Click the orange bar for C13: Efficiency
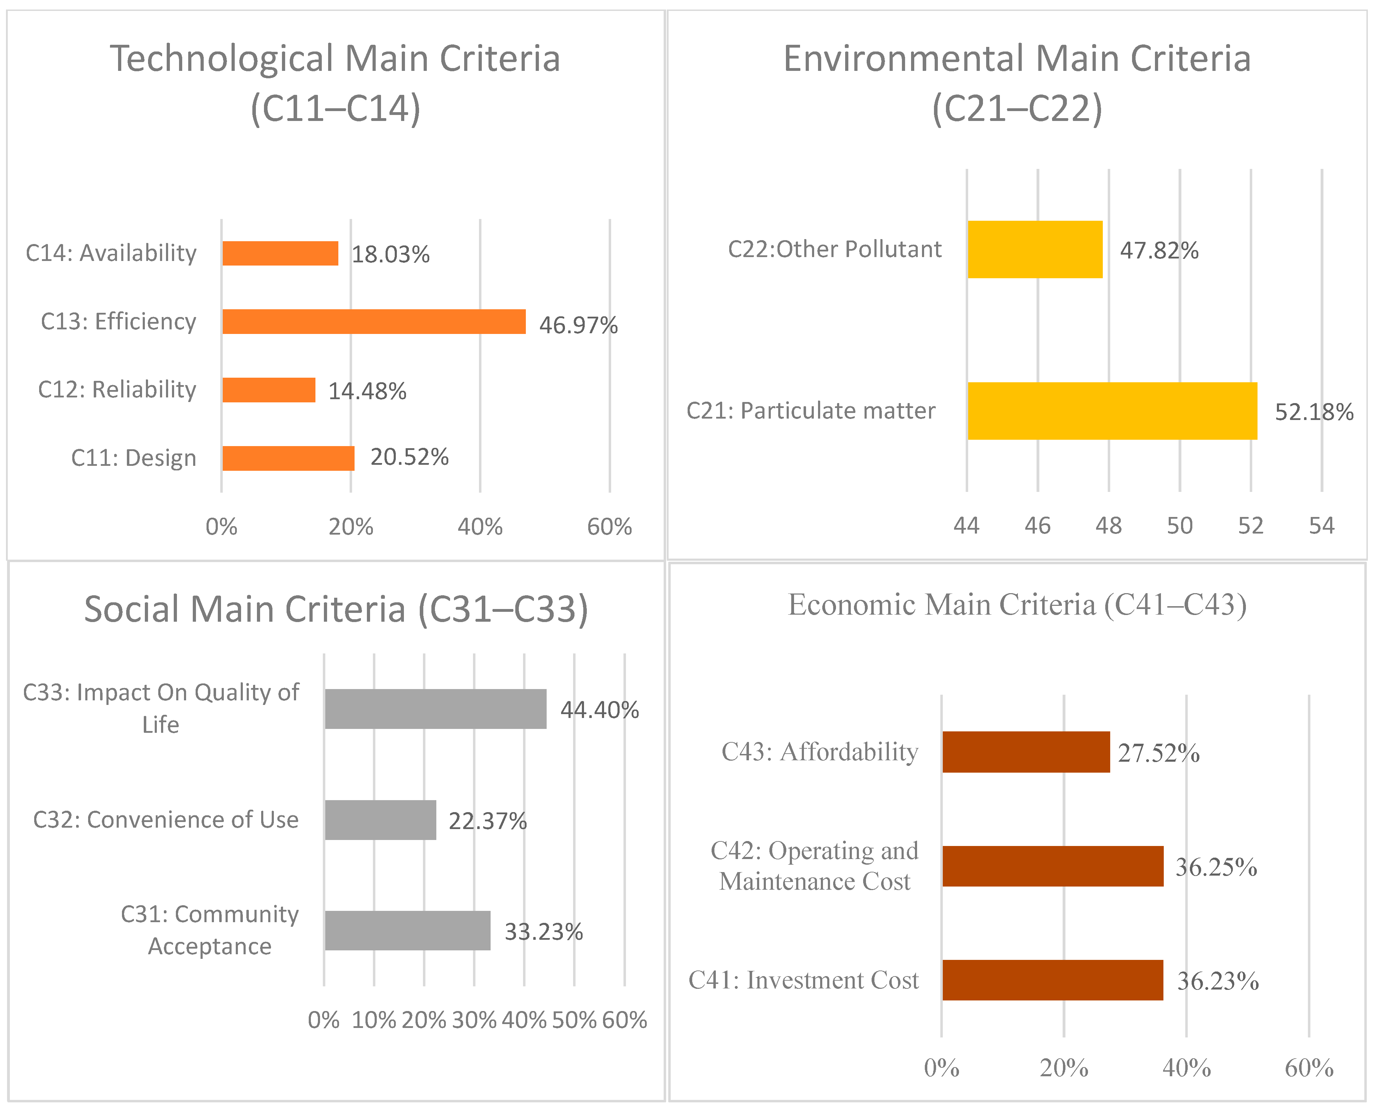click(374, 321)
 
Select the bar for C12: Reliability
click(269, 390)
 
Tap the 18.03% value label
click(390, 254)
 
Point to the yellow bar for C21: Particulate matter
click(1112, 411)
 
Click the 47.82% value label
click(1158, 250)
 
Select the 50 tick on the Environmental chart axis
click(1179, 525)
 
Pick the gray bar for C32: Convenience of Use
click(380, 820)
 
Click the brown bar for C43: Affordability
click(1026, 752)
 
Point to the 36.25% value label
click(1216, 867)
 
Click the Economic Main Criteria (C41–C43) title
click(1017, 604)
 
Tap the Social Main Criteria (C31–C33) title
click(336, 609)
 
